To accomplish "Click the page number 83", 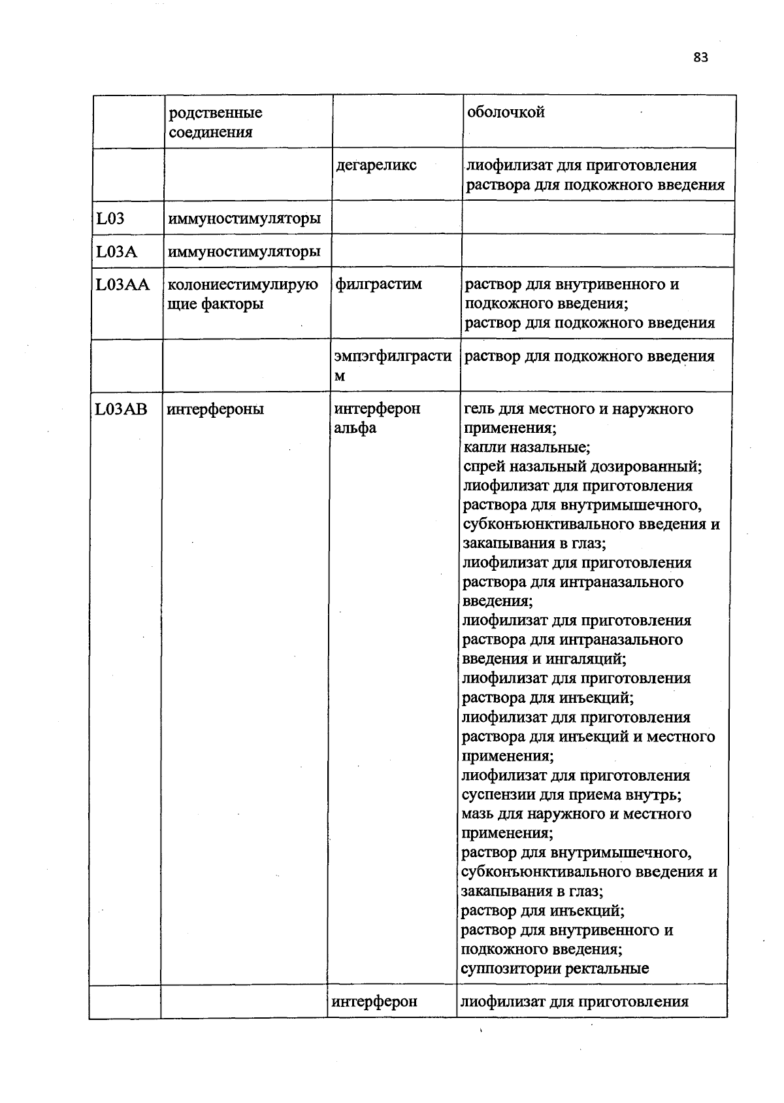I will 700,58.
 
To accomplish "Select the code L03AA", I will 123,284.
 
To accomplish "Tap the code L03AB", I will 122,409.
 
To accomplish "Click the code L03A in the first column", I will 116,251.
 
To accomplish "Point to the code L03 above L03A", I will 110,218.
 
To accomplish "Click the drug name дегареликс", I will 376,165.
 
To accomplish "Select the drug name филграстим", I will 378,284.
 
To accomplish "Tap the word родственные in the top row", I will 216,112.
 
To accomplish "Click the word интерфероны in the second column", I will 216,409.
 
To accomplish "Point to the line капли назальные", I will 527,447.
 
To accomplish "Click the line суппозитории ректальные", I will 555,968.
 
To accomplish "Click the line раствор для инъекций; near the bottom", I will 542,910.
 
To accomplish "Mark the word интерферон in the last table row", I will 374,1002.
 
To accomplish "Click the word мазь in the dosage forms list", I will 478,814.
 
